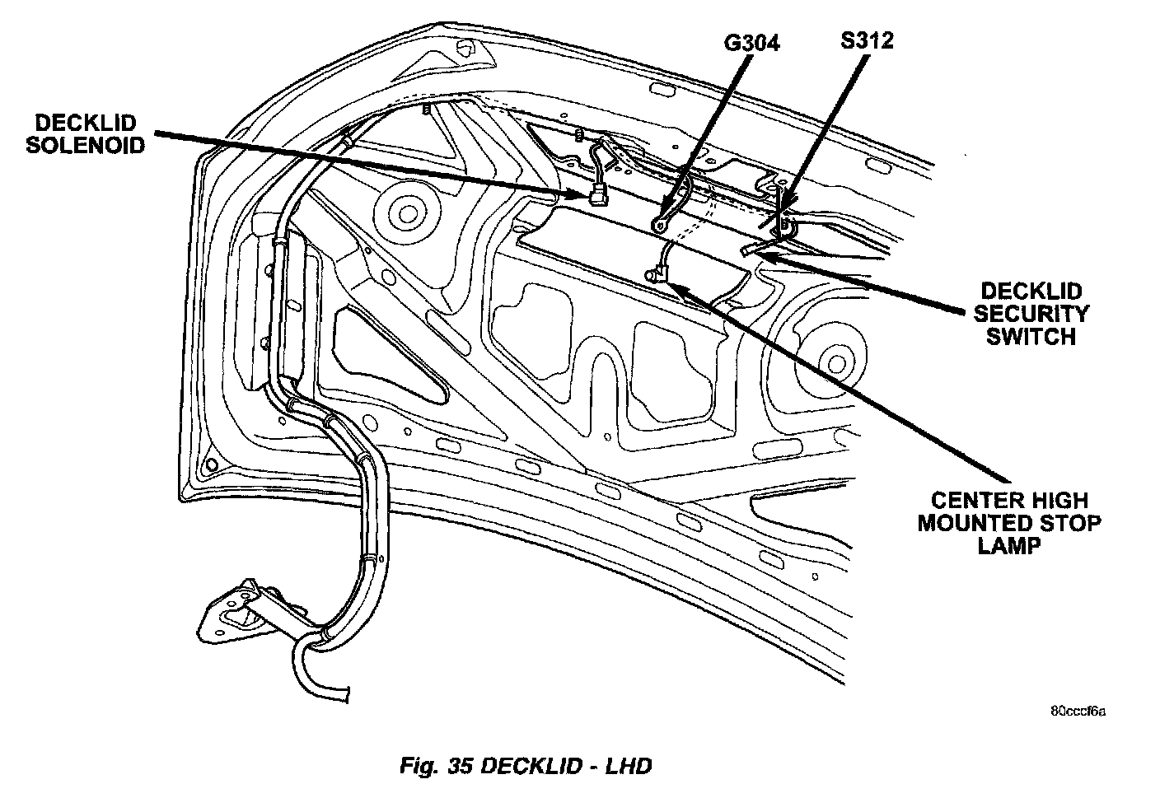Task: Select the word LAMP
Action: pos(1009,545)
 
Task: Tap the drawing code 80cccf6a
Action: pos(1078,710)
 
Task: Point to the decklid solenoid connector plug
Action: pos(595,198)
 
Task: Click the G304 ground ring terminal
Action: pos(658,224)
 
